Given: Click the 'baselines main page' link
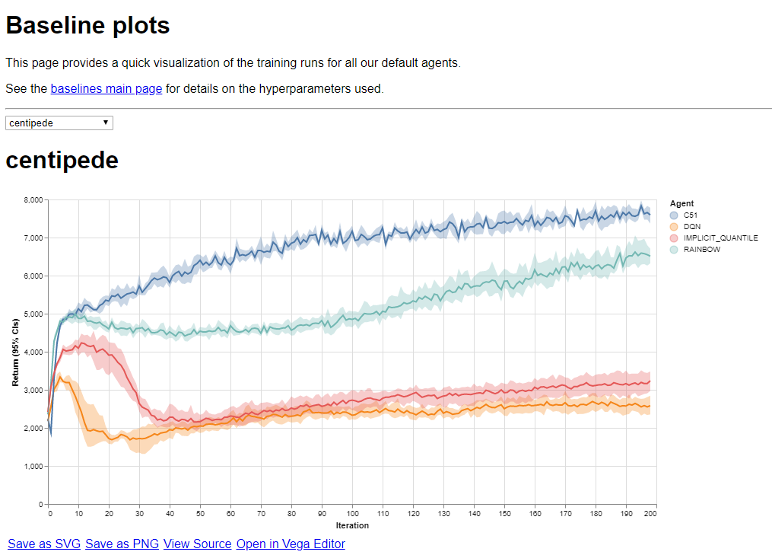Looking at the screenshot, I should tap(106, 88).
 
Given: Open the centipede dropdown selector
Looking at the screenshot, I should tap(59, 123).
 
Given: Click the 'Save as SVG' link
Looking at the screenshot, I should tap(45, 544).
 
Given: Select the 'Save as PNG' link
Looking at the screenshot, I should tap(122, 544).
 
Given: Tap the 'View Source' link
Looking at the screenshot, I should tap(197, 544).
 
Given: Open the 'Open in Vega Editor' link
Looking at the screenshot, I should tap(291, 544).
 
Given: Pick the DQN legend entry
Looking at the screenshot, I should tap(691, 227).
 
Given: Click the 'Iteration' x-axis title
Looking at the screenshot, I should tap(352, 525).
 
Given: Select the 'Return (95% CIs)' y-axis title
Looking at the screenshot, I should tap(15, 352).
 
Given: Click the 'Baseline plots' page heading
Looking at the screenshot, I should tap(87, 26).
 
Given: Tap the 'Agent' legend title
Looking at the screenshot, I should tap(681, 204).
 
